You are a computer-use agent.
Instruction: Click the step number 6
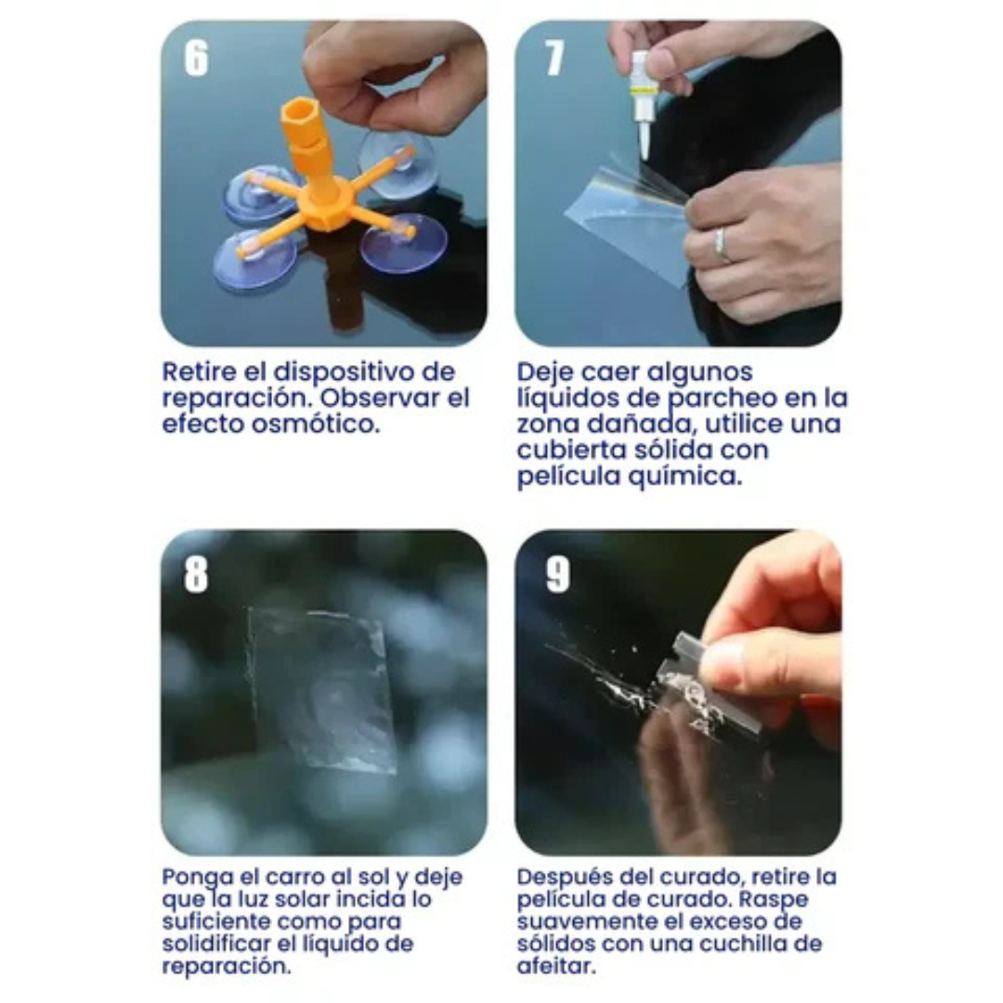[196, 58]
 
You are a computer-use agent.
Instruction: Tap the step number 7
[554, 58]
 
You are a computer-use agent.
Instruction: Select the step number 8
[196, 575]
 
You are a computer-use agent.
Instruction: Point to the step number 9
[557, 575]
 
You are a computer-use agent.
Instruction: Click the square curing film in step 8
[320, 687]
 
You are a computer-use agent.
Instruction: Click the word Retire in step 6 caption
[195, 371]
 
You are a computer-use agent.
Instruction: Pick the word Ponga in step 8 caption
[190, 877]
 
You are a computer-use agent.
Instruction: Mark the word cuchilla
[750, 944]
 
